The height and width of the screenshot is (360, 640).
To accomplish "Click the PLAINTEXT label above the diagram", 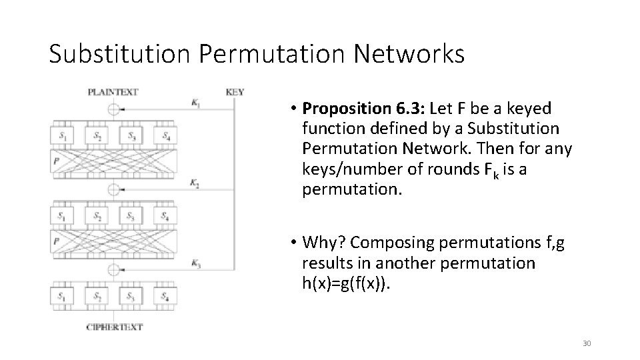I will (x=113, y=91).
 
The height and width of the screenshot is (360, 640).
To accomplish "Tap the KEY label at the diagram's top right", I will (x=235, y=91).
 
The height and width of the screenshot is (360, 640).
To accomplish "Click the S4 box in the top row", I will (x=165, y=136).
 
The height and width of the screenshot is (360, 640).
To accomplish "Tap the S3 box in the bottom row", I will (x=131, y=296).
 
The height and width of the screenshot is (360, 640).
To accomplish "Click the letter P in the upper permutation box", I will (x=57, y=160).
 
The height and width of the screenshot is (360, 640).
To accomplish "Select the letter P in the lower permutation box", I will (x=57, y=240).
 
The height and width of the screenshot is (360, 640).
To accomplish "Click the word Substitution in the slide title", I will (x=122, y=53).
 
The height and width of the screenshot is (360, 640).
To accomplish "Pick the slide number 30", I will (x=587, y=343).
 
